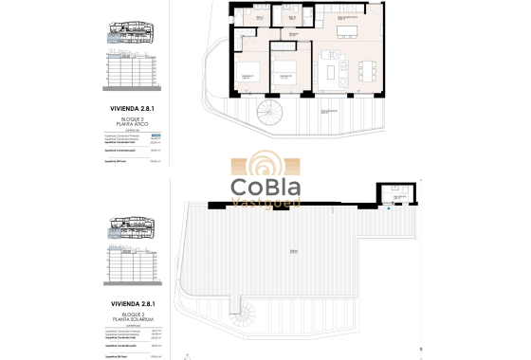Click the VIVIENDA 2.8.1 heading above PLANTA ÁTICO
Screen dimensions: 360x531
pos(133,108)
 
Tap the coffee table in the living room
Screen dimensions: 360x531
pos(331,71)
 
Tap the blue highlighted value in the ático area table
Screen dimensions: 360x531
pos(157,136)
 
